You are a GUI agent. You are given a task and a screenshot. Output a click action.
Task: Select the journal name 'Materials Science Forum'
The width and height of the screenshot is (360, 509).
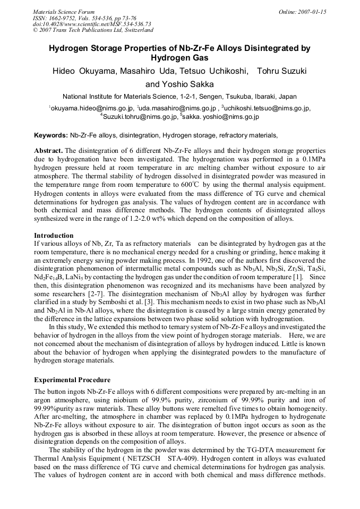63,12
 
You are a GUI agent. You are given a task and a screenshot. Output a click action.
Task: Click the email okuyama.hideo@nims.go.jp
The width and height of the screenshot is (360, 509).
91,108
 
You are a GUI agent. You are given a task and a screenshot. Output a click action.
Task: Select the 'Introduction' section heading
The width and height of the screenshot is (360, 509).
54,235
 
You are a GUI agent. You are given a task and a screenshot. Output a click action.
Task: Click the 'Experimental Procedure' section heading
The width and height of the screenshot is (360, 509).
72,380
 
